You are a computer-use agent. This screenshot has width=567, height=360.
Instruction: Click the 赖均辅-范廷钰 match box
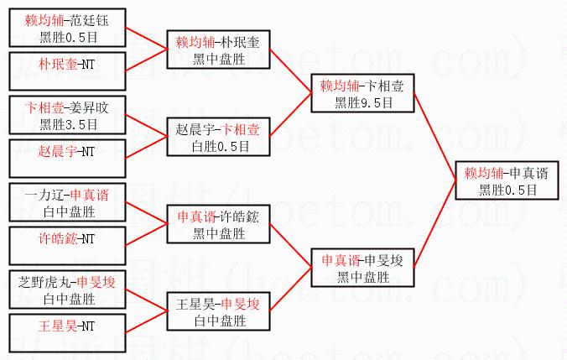click(68, 29)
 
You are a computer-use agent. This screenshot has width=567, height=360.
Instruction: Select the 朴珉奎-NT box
click(68, 64)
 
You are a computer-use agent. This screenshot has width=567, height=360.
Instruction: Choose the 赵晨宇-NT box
click(68, 151)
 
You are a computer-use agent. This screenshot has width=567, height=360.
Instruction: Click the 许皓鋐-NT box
click(68, 238)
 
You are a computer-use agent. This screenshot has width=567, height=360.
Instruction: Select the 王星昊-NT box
click(68, 325)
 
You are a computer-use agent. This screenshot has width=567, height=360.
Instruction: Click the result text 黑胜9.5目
click(363, 102)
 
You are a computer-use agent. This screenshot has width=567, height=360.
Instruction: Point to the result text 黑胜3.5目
click(68, 124)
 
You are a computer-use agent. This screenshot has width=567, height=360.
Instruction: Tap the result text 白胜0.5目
click(219, 145)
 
